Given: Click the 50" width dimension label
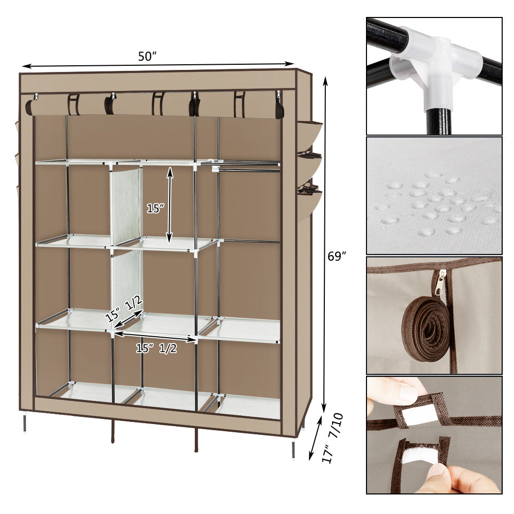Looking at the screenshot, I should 147,57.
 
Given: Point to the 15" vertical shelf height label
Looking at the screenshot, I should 155,209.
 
